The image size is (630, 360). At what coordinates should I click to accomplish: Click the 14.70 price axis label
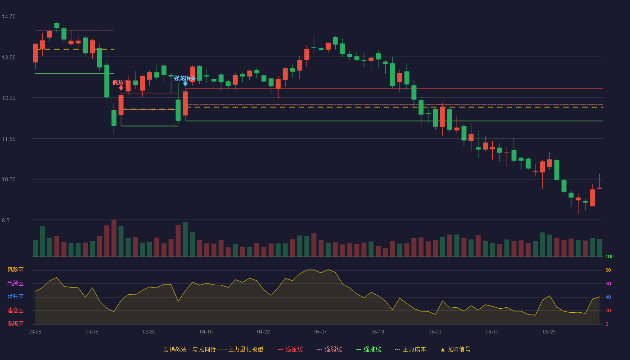pyautogui.click(x=9, y=17)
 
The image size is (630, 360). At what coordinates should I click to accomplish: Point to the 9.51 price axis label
pyautogui.click(x=7, y=220)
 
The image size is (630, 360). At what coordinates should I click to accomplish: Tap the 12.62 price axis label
pyautogui.click(x=9, y=98)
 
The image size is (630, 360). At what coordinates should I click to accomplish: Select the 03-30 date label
pyautogui.click(x=149, y=332)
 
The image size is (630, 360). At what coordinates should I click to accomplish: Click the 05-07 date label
pyautogui.click(x=320, y=332)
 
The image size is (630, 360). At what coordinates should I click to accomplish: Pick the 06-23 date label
pyautogui.click(x=549, y=332)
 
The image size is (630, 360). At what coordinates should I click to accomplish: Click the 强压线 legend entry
pyautogui.click(x=290, y=350)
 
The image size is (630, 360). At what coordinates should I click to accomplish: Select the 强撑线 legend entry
pyautogui.click(x=369, y=350)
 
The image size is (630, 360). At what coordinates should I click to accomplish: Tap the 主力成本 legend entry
pyautogui.click(x=410, y=350)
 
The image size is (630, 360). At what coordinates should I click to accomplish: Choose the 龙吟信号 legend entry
pyautogui.click(x=455, y=350)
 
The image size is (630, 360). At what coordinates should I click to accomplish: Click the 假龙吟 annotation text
pyautogui.click(x=121, y=83)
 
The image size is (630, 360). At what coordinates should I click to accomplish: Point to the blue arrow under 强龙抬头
pyautogui.click(x=185, y=84)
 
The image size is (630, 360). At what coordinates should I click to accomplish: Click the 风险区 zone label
pyautogui.click(x=15, y=270)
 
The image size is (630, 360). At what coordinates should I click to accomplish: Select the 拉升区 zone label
pyautogui.click(x=15, y=297)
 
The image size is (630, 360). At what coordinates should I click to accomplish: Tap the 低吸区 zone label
pyautogui.click(x=15, y=324)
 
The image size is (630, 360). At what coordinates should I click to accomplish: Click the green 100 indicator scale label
pyautogui.click(x=609, y=257)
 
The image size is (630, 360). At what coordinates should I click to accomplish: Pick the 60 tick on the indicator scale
pyautogui.click(x=608, y=284)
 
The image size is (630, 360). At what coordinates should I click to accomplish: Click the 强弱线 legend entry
pyautogui.click(x=329, y=350)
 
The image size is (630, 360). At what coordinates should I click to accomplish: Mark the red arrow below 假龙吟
pyautogui.click(x=121, y=88)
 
